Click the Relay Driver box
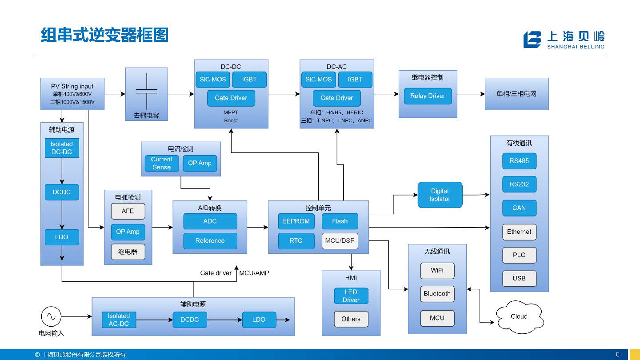tap(428, 96)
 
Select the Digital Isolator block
tap(440, 195)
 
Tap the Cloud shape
tap(519, 316)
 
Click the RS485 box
tap(519, 161)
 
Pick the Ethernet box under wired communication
tap(519, 232)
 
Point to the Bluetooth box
tap(437, 294)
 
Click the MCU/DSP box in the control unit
tap(340, 241)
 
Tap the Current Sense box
tap(161, 163)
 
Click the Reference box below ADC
tap(210, 241)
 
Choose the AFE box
tap(128, 211)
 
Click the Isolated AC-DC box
tap(119, 320)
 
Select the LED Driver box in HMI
tap(351, 296)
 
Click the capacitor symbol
tap(146, 90)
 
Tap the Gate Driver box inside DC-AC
tap(336, 98)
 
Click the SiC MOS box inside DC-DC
tap(213, 80)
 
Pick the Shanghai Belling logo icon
tap(532, 40)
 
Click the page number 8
tap(618, 354)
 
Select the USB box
tap(519, 278)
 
